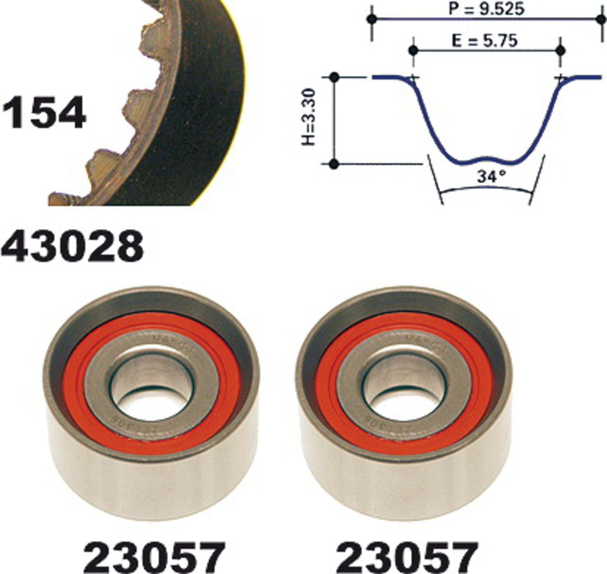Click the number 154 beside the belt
pyautogui.click(x=44, y=112)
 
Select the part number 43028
pyautogui.click(x=72, y=246)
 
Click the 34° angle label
pyautogui.click(x=491, y=177)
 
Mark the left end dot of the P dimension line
pyautogui.click(x=372, y=19)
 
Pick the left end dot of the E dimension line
pyautogui.click(x=413, y=50)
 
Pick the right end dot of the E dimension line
pyautogui.click(x=560, y=50)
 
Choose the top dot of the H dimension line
pyautogui.click(x=335, y=77)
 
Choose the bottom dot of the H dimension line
pyautogui.click(x=335, y=165)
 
